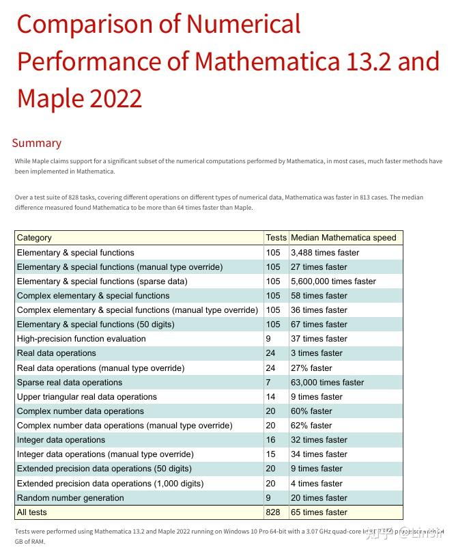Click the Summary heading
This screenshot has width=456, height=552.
[37, 143]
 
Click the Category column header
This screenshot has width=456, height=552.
[34, 238]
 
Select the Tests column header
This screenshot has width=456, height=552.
[276, 238]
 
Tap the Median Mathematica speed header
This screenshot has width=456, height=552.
[343, 238]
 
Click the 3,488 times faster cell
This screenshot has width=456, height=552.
[325, 253]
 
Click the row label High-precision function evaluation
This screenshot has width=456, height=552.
[81, 339]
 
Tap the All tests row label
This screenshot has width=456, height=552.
[32, 512]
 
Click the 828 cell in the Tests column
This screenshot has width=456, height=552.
[273, 512]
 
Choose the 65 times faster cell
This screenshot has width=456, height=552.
[319, 512]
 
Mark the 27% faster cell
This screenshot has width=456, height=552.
[311, 368]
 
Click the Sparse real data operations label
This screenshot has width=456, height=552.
[70, 383]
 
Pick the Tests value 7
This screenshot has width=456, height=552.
[268, 383]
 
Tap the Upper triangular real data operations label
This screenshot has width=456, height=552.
[87, 397]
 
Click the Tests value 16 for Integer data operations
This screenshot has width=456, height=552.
[271, 440]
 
